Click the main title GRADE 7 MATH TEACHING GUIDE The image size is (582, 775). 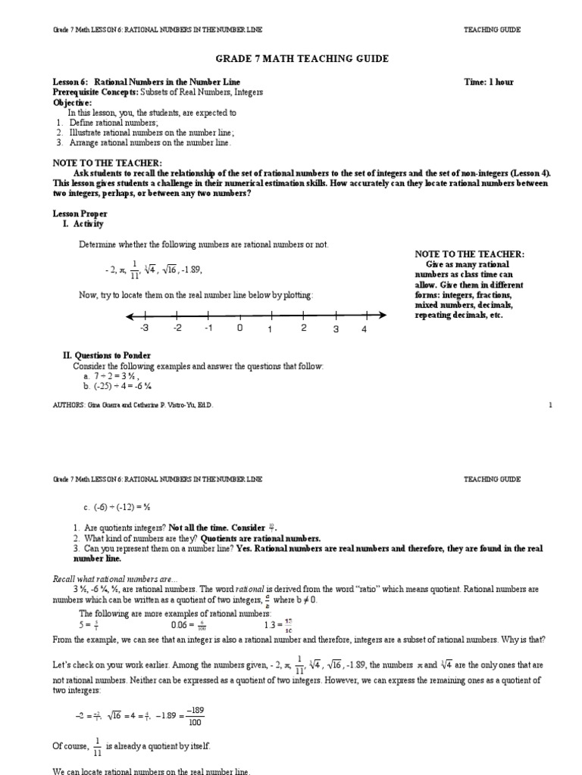click(x=290, y=59)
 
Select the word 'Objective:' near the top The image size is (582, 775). click(x=72, y=101)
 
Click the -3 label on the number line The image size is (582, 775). click(x=144, y=328)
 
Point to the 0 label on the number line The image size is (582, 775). click(x=239, y=328)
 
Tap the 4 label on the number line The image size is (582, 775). click(x=365, y=329)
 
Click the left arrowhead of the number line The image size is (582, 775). click(x=130, y=316)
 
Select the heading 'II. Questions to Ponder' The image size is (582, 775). click(x=106, y=355)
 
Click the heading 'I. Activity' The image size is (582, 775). click(x=83, y=224)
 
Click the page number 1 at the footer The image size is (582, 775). click(x=551, y=406)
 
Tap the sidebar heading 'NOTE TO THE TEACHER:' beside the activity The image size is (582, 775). click(x=470, y=254)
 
